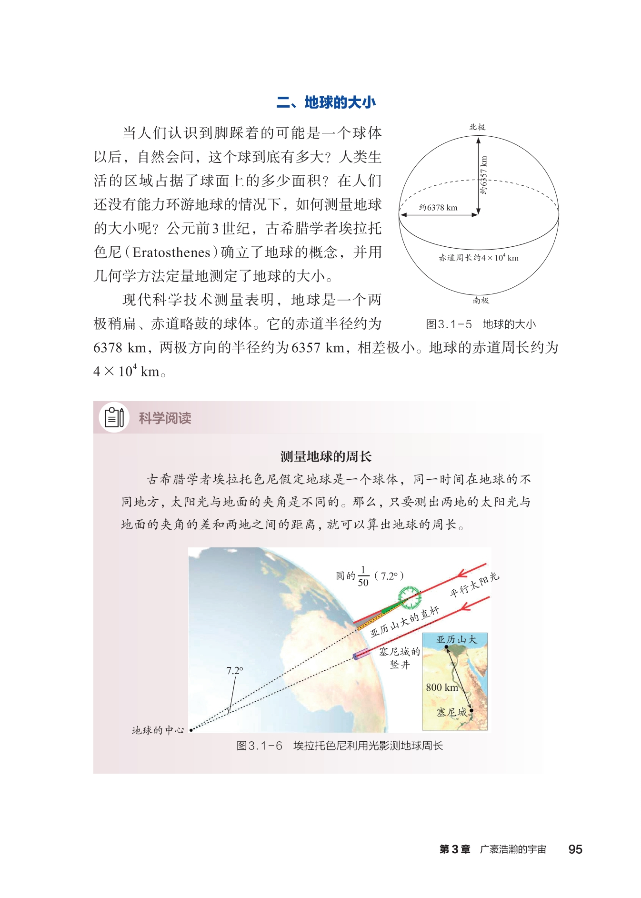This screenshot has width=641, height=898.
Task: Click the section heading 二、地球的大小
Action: point(326,102)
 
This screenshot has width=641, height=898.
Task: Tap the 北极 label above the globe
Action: point(477,127)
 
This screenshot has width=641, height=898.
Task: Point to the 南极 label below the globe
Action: point(481,300)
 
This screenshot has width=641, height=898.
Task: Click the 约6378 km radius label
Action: point(438,208)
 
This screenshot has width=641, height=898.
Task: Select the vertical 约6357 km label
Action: point(484,175)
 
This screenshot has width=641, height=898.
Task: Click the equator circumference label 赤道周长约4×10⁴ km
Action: point(479,258)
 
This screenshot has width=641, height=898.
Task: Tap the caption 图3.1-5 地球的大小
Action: point(481,324)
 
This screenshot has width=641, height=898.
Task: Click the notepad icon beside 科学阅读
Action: point(114,418)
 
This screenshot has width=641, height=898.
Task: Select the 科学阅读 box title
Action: point(165,418)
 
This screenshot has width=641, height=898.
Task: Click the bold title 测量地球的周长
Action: point(326,456)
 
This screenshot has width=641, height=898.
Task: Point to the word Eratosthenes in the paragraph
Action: point(171,252)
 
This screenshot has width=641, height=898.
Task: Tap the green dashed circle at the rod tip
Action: point(410,598)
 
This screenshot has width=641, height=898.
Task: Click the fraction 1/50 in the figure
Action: point(363,576)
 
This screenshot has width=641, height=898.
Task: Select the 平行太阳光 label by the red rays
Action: point(474,585)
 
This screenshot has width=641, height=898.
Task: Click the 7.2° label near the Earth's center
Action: point(235,671)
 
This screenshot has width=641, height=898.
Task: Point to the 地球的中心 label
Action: point(158,730)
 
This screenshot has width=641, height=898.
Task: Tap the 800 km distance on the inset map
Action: point(441,687)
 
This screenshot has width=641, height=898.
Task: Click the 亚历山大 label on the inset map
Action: point(456,640)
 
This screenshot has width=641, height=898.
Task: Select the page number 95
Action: point(575,849)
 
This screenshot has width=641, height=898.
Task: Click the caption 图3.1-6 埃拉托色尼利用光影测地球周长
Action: point(340,746)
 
